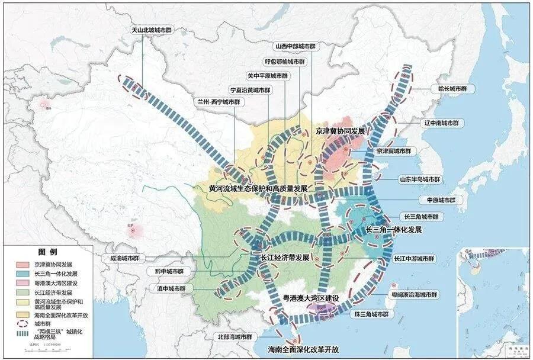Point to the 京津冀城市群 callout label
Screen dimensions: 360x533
pos(396,151)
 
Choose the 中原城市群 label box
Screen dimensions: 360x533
pos(437,201)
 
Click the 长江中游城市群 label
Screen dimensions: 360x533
pos(414,259)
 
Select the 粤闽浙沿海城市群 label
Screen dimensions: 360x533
pos(415,294)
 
